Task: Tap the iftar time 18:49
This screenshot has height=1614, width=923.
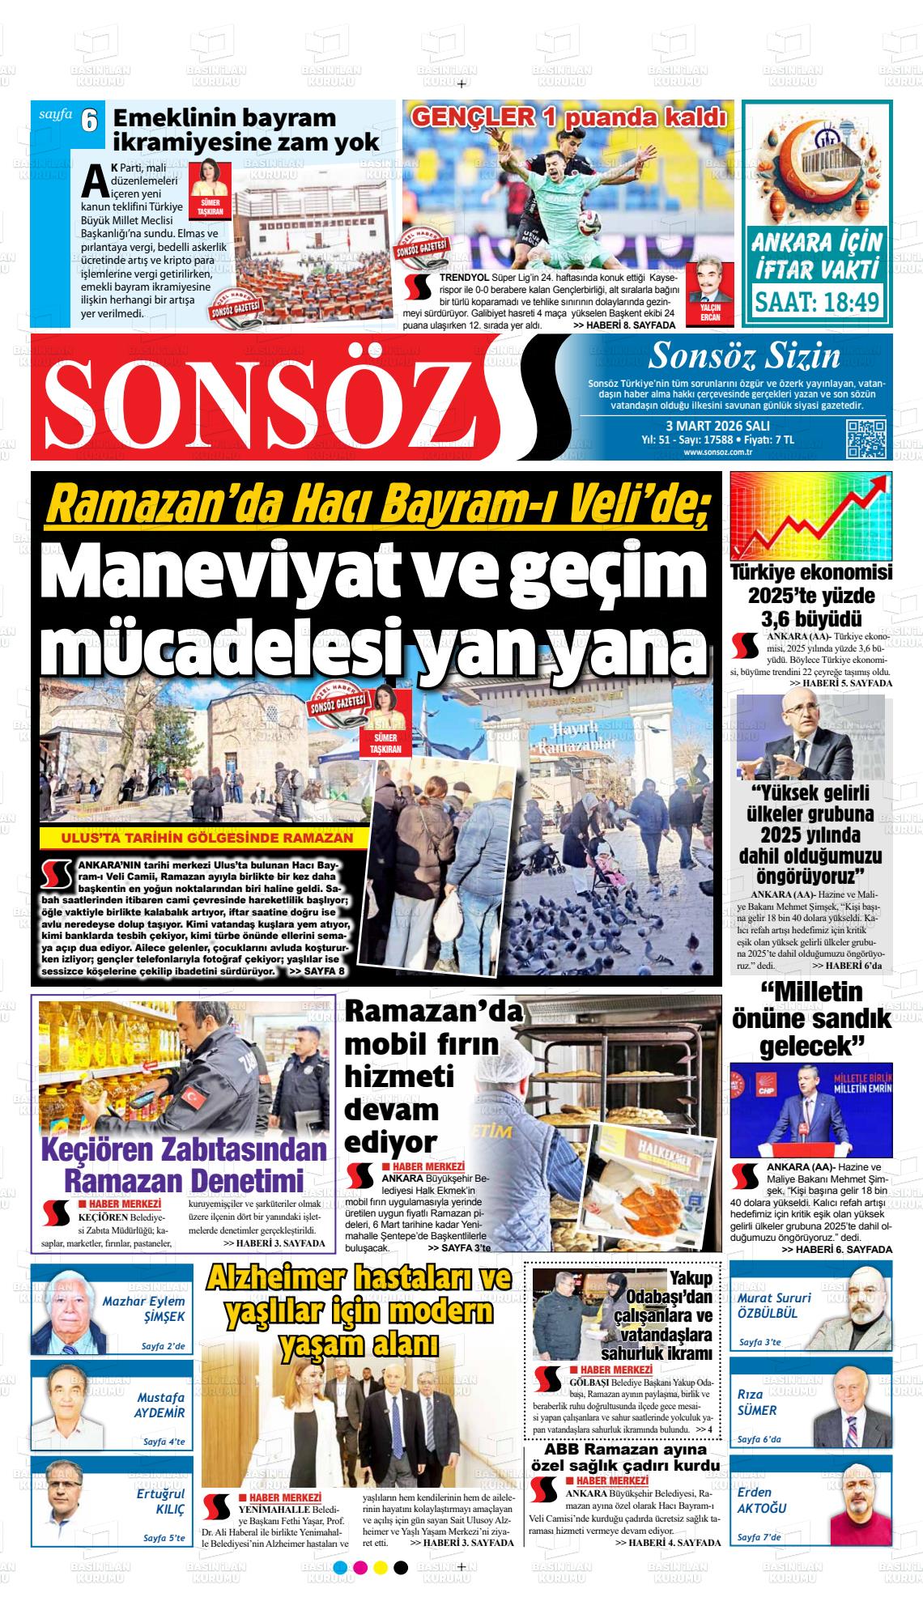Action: [x=817, y=302]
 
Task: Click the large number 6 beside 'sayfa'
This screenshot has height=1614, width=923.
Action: [x=89, y=121]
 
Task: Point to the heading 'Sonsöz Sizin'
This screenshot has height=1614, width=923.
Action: [x=744, y=355]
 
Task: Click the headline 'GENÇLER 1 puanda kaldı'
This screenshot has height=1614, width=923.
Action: [x=568, y=118]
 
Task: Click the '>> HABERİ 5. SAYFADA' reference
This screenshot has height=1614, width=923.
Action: [x=840, y=684]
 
